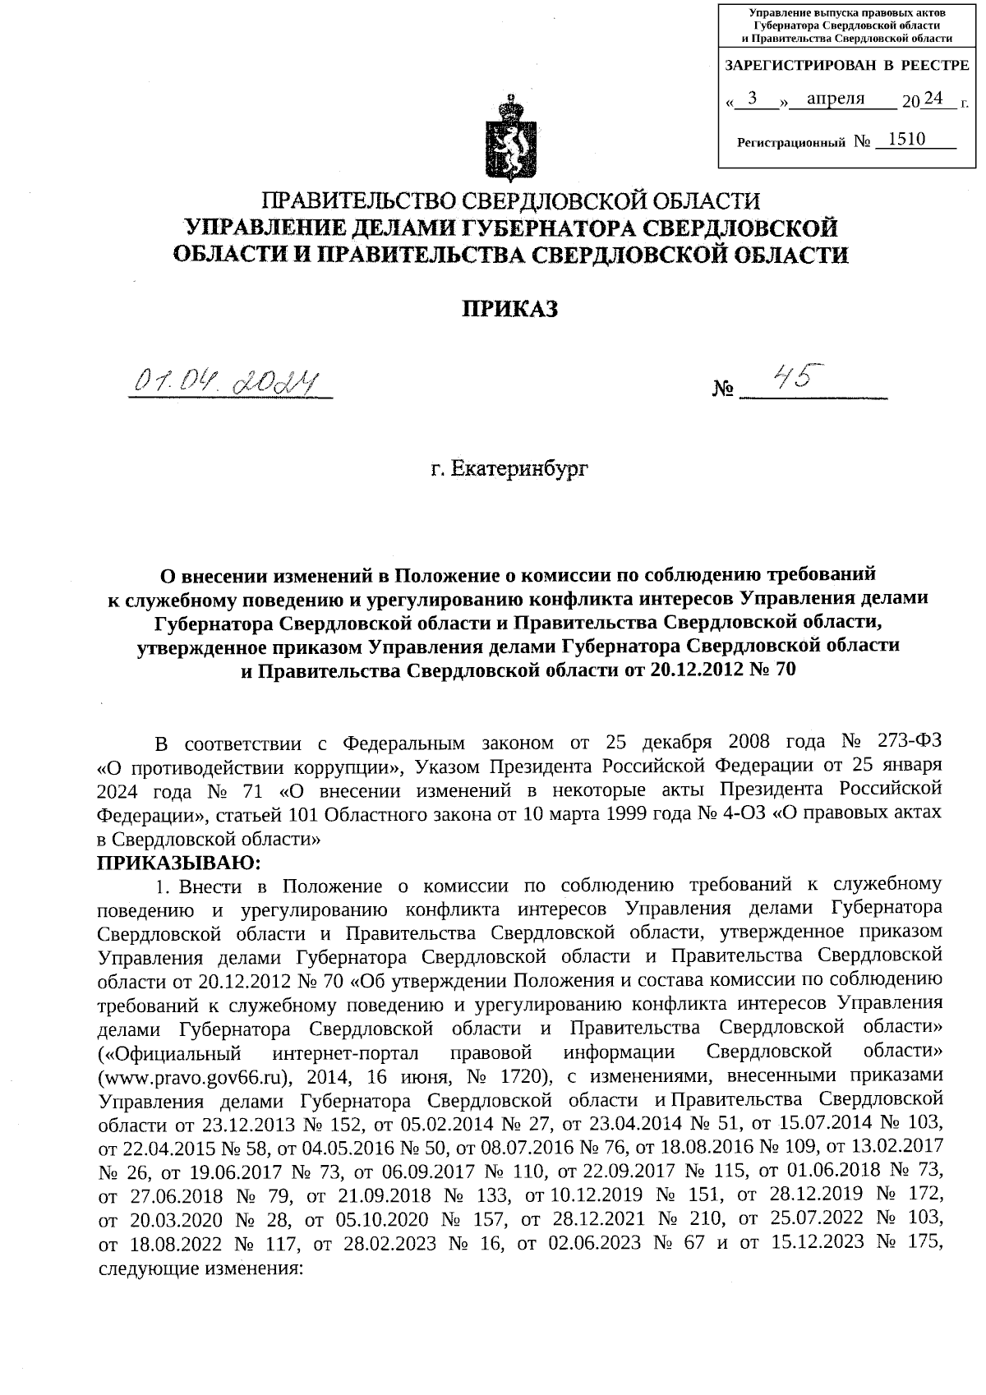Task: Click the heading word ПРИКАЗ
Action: pos(509,310)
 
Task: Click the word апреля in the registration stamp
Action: pos(836,99)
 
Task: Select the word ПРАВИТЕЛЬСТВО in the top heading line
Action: pos(358,200)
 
